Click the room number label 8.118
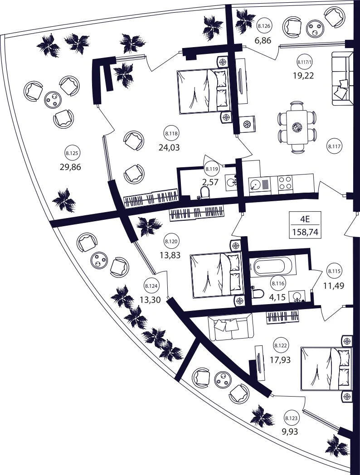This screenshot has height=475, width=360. (171, 133)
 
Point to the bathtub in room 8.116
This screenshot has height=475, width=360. (271, 266)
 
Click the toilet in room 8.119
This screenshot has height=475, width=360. (205, 192)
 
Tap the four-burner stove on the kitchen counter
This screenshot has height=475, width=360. (285, 182)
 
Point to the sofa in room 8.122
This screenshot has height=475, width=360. (230, 328)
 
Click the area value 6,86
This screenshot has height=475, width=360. (263, 40)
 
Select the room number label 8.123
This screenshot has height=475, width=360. (291, 418)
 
